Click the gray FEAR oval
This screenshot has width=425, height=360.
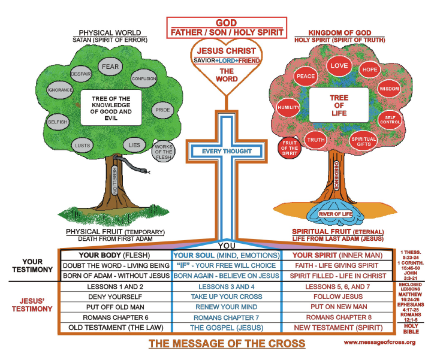pyautogui.click(x=110, y=66)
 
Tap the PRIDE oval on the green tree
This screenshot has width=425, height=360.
pyautogui.click(x=162, y=110)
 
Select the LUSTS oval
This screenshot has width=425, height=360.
pyautogui.click(x=82, y=146)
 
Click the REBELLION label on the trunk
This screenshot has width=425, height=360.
pyautogui.click(x=114, y=180)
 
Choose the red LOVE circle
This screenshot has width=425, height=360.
pyautogui.click(x=339, y=65)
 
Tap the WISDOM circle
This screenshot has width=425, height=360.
pyautogui.click(x=389, y=89)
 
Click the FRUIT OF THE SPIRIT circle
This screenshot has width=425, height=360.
pyautogui.click(x=290, y=148)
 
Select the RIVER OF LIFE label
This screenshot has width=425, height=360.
pyautogui.click(x=336, y=214)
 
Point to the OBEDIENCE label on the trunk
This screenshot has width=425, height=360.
pyautogui.click(x=336, y=176)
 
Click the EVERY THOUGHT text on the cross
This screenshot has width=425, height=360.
pyautogui.click(x=227, y=152)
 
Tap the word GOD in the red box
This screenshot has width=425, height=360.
pyautogui.click(x=227, y=23)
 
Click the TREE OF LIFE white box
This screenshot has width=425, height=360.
pyautogui.click(x=339, y=105)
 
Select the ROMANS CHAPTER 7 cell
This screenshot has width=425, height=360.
pyautogui.click(x=227, y=317)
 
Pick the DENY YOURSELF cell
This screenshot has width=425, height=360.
pyautogui.click(x=115, y=297)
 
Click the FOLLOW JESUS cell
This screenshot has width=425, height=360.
pyautogui.click(x=338, y=297)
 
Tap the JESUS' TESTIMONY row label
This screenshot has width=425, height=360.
pyautogui.click(x=32, y=305)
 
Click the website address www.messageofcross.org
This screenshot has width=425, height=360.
pyautogui.click(x=379, y=343)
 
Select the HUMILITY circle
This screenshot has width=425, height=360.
pyautogui.click(x=288, y=108)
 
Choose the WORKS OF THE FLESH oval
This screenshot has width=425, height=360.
pyautogui.click(x=164, y=152)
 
